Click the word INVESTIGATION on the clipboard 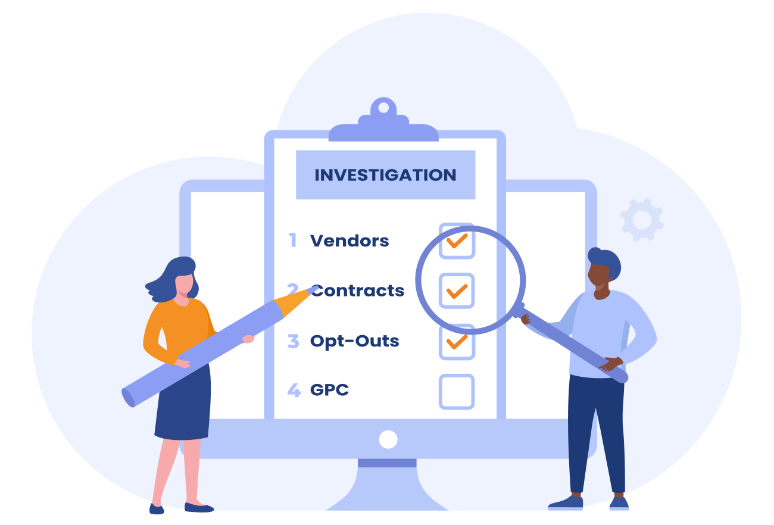tap(385, 175)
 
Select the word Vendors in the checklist tap(349, 240)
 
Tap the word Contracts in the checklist tap(358, 290)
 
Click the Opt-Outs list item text tap(354, 341)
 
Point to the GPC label tap(329, 390)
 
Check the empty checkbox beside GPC tap(457, 392)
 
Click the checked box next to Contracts tap(457, 290)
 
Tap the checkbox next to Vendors tap(457, 240)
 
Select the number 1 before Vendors tap(293, 240)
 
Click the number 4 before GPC tap(294, 390)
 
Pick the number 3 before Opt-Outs tap(293, 341)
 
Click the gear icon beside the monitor tap(642, 220)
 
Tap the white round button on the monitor tap(388, 439)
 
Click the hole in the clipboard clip tap(383, 108)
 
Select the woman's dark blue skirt tap(183, 404)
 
